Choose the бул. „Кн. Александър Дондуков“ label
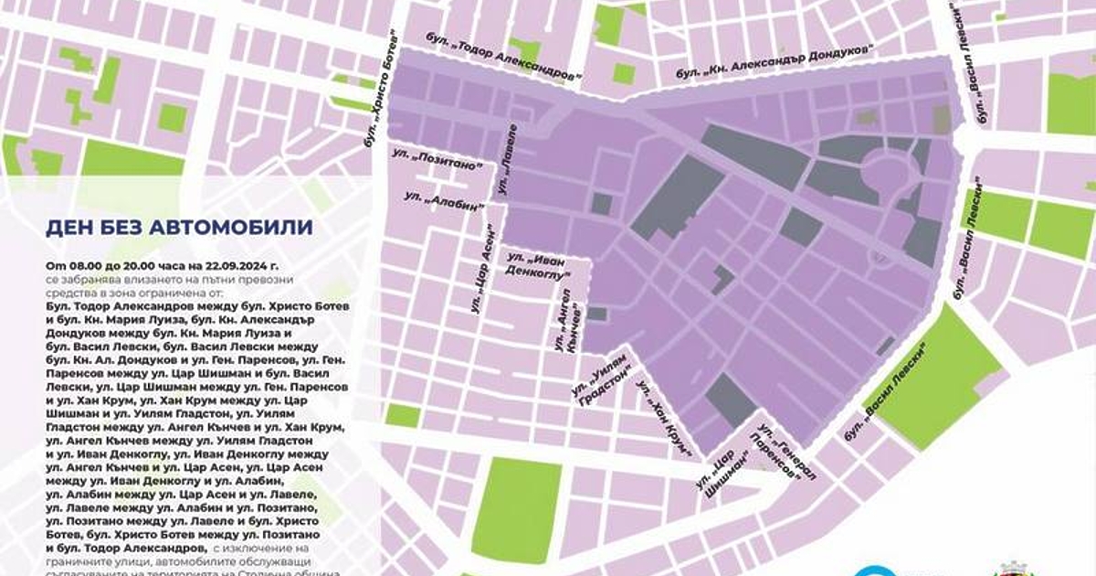coord(775,60)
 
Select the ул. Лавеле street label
coord(507,159)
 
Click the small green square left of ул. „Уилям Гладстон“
coord(403,416)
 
